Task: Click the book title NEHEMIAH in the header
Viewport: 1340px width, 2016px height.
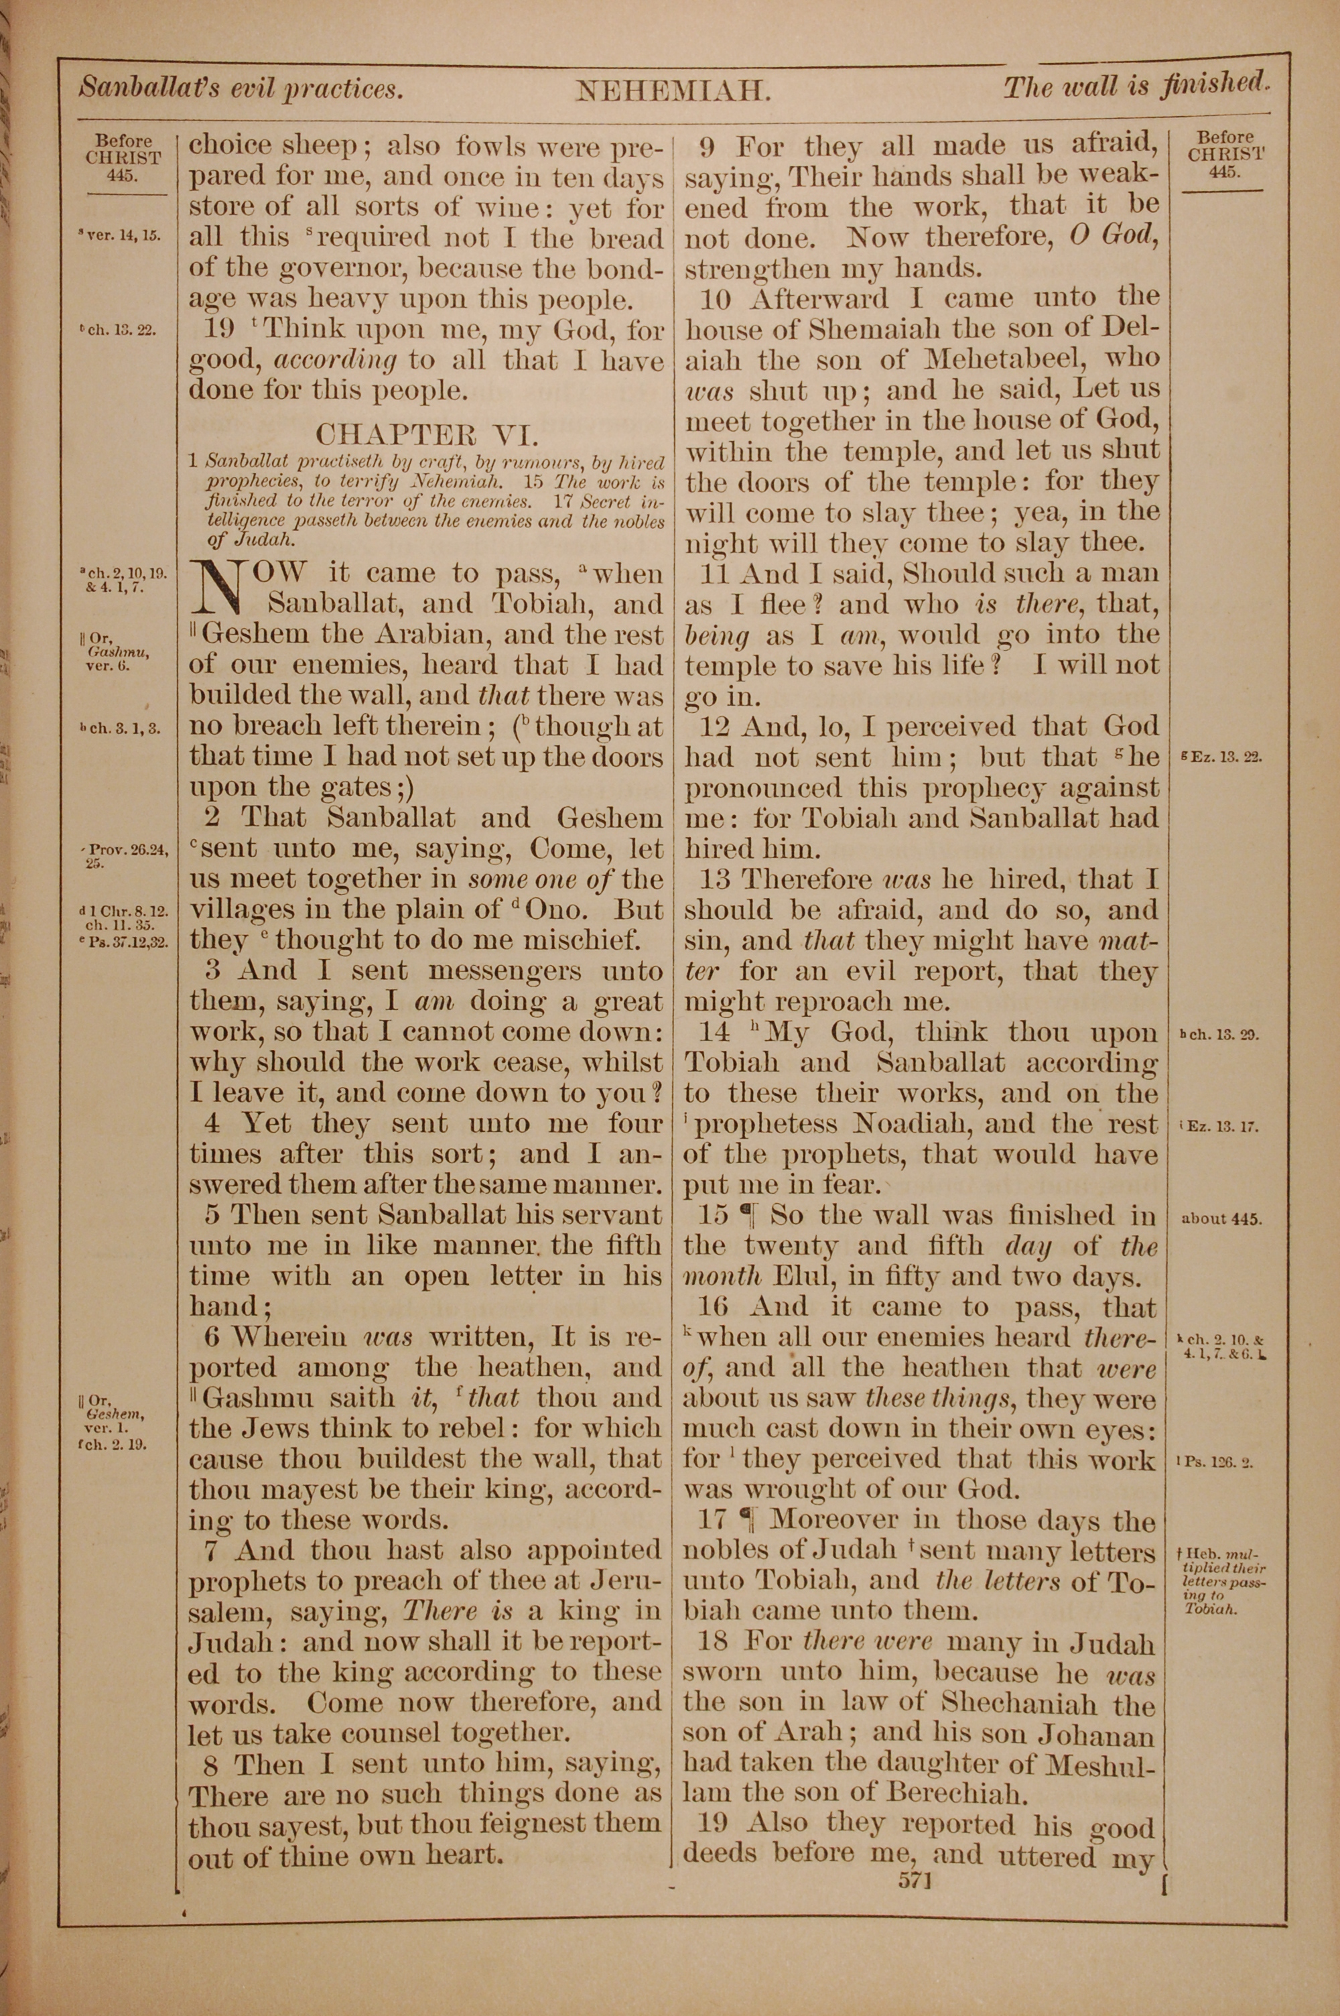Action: coord(673,90)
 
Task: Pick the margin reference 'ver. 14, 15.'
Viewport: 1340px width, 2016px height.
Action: coord(120,236)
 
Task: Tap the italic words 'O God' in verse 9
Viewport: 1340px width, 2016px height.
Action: coord(1114,236)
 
